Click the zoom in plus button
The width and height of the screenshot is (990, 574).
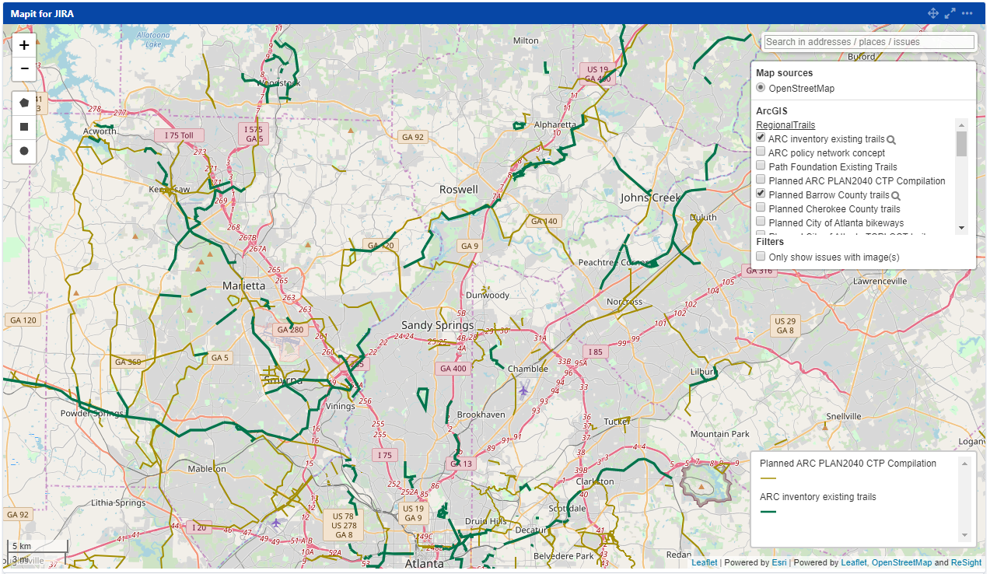click(x=24, y=45)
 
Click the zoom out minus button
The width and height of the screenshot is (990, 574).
click(x=24, y=68)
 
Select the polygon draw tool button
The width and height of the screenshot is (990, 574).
click(x=24, y=103)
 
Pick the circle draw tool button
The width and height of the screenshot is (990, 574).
click(x=24, y=150)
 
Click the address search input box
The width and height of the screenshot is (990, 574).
click(x=869, y=42)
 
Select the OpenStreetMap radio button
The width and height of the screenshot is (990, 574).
click(x=761, y=88)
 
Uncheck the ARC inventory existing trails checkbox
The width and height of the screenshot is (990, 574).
click(x=761, y=138)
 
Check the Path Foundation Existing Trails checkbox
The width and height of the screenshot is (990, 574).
click(x=761, y=166)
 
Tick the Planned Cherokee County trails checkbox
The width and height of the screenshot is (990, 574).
click(x=761, y=208)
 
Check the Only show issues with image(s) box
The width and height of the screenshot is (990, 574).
click(x=761, y=257)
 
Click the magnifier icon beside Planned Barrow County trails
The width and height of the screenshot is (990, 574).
click(x=896, y=196)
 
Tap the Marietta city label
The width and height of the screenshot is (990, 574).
click(x=243, y=285)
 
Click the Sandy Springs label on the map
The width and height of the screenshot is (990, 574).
click(x=437, y=325)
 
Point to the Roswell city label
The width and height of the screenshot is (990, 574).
click(x=459, y=190)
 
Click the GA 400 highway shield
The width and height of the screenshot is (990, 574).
click(x=453, y=369)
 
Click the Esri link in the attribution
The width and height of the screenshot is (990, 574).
click(x=778, y=562)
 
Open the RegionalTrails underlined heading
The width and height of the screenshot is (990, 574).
click(x=785, y=125)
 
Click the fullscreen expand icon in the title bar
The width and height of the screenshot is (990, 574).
click(x=950, y=13)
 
